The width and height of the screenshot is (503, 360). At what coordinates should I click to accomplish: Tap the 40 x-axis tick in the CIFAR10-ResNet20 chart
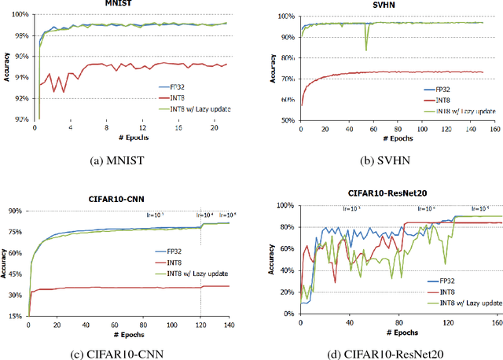click(347, 322)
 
